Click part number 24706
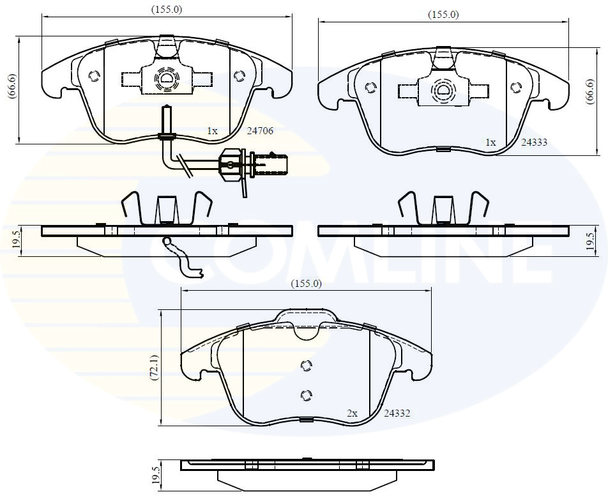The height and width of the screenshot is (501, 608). (260, 131)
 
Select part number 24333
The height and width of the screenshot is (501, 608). (534, 143)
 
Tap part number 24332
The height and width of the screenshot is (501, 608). (396, 413)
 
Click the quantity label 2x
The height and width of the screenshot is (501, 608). (352, 413)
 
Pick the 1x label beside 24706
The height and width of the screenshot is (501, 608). (212, 131)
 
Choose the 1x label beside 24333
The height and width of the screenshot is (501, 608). (490, 143)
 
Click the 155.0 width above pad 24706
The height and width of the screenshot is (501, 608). (167, 9)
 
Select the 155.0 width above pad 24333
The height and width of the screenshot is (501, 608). (443, 14)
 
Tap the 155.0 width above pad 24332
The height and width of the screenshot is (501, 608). (307, 283)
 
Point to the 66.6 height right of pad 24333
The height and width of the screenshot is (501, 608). (591, 91)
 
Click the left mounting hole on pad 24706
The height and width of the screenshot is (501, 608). (94, 75)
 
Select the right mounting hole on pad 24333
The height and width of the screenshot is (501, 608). (516, 87)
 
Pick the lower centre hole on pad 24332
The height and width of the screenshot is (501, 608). (305, 394)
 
